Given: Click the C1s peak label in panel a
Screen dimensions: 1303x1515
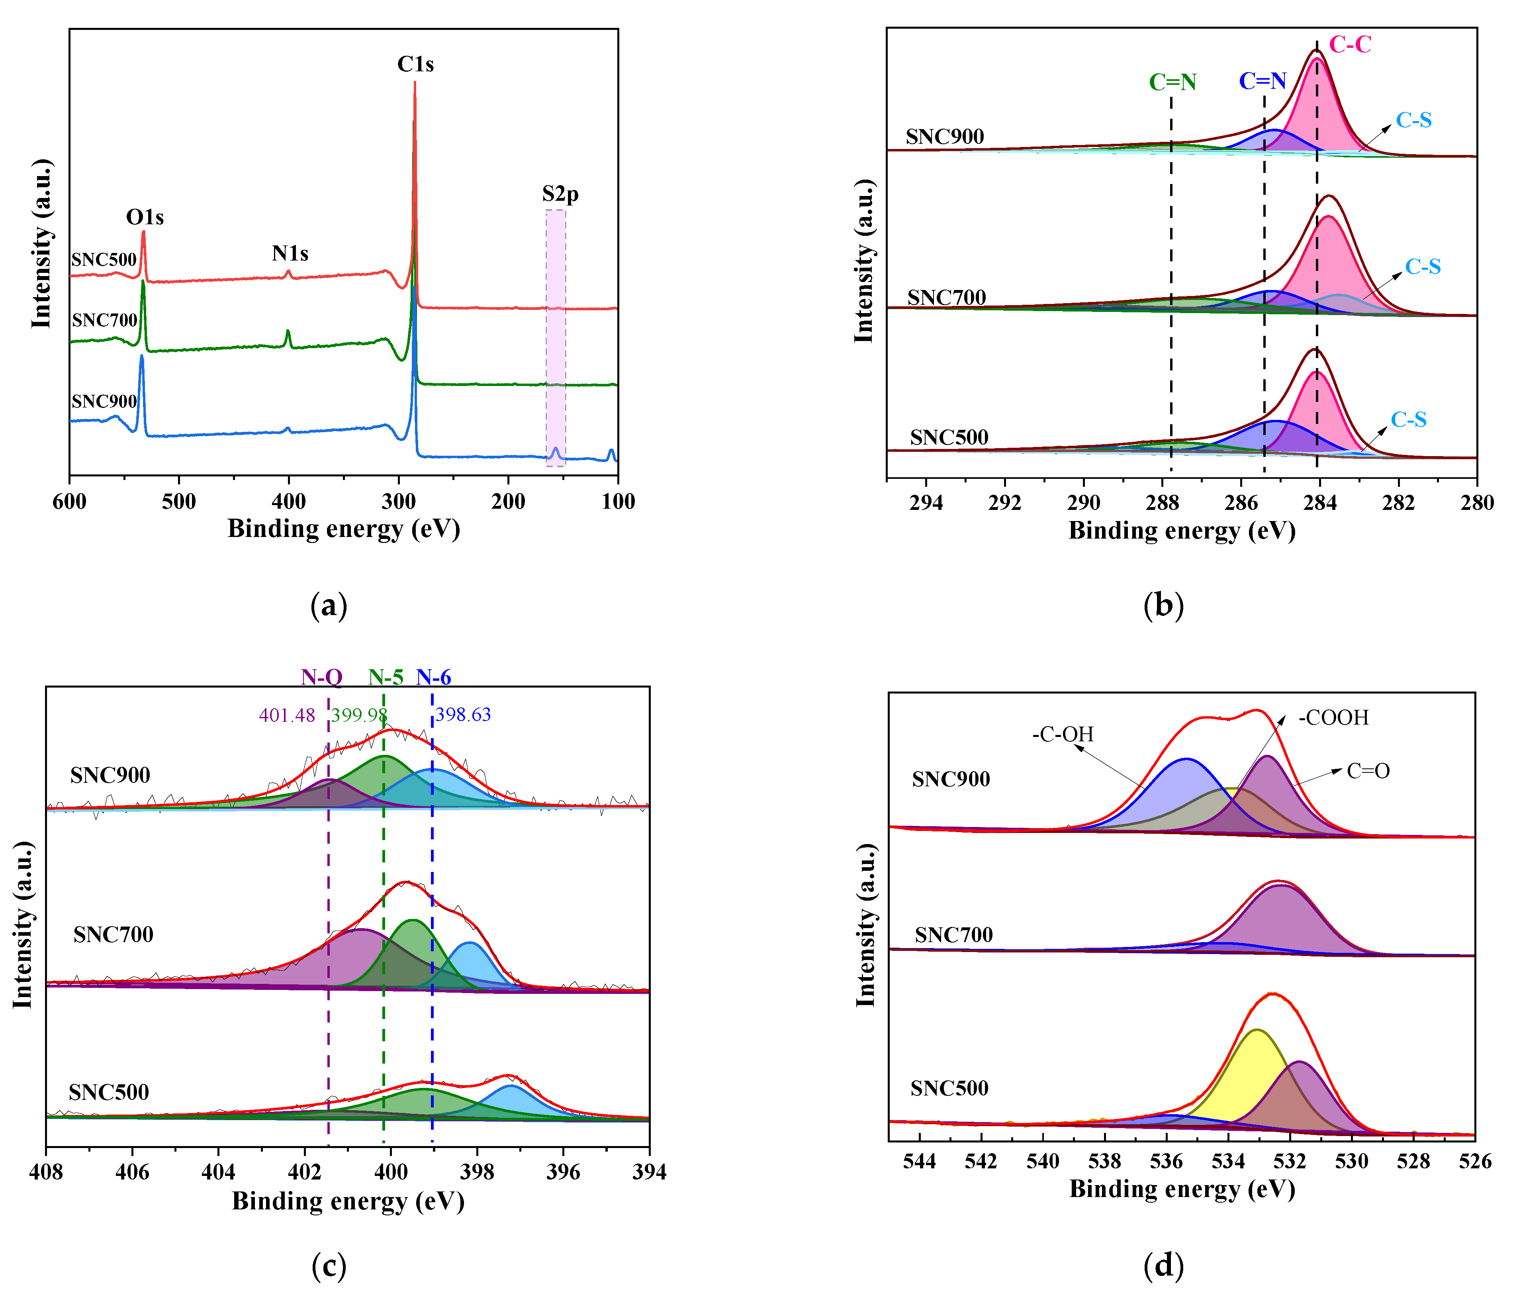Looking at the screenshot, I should [415, 65].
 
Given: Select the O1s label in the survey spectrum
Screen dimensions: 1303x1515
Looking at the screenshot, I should [145, 217].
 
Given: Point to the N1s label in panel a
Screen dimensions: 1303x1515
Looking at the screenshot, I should [290, 254].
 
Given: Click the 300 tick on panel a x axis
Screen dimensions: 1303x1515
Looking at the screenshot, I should [399, 502].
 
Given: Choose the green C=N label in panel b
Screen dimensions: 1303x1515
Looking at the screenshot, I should [1173, 82].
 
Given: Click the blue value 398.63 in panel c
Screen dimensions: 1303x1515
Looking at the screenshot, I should [463, 714].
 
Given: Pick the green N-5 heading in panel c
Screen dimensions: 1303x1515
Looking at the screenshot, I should [386, 677].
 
